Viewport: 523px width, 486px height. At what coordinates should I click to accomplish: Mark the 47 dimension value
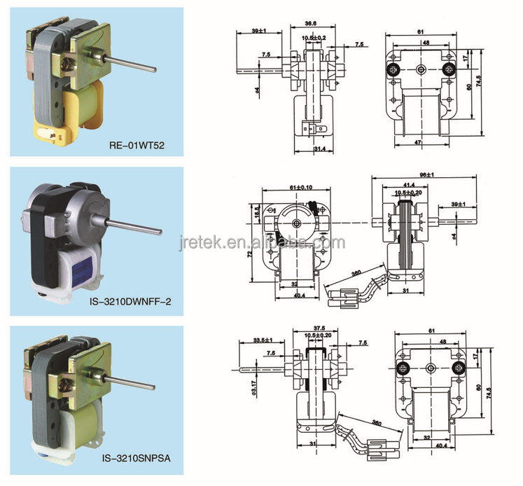419,143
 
